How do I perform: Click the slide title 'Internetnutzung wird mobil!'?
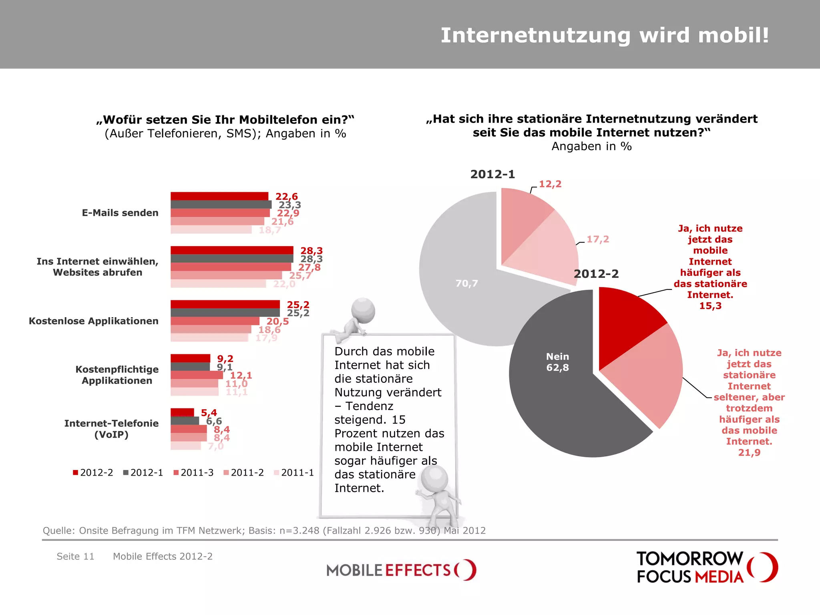(605, 35)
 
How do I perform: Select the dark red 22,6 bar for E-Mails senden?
(219, 196)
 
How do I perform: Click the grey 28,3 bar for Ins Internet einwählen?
(231, 259)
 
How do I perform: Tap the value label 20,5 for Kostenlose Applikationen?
(277, 322)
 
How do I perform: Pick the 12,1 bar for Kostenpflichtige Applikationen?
(196, 375)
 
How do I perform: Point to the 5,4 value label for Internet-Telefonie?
(209, 412)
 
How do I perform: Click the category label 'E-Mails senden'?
(120, 213)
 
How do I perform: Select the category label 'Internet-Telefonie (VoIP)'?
(111, 429)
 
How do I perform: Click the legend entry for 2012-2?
(93, 473)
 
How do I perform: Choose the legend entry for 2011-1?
(294, 473)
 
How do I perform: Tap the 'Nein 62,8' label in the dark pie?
(557, 362)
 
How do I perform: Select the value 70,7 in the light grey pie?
(466, 283)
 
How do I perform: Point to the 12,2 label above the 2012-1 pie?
(550, 184)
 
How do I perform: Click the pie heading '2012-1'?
(492, 174)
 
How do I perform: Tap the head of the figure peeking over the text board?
(363, 310)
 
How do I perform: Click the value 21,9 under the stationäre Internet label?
(749, 453)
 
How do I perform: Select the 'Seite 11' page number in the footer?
(75, 557)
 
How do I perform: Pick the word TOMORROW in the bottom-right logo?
(689, 559)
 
